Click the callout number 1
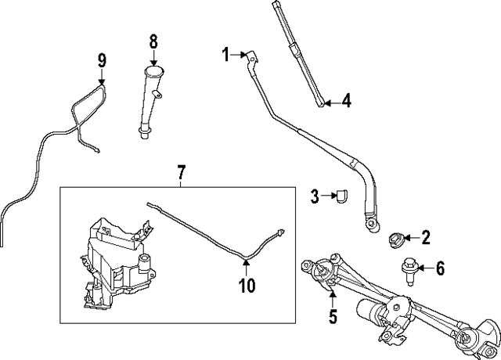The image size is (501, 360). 225,54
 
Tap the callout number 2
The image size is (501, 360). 426,237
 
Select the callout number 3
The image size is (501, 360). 314,196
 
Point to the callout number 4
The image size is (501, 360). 347,101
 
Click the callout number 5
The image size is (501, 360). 333,317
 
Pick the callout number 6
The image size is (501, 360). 440,268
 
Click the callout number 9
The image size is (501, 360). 101,59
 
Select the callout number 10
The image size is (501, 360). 247,286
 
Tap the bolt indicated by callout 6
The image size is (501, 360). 409,269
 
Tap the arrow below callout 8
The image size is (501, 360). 153,58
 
